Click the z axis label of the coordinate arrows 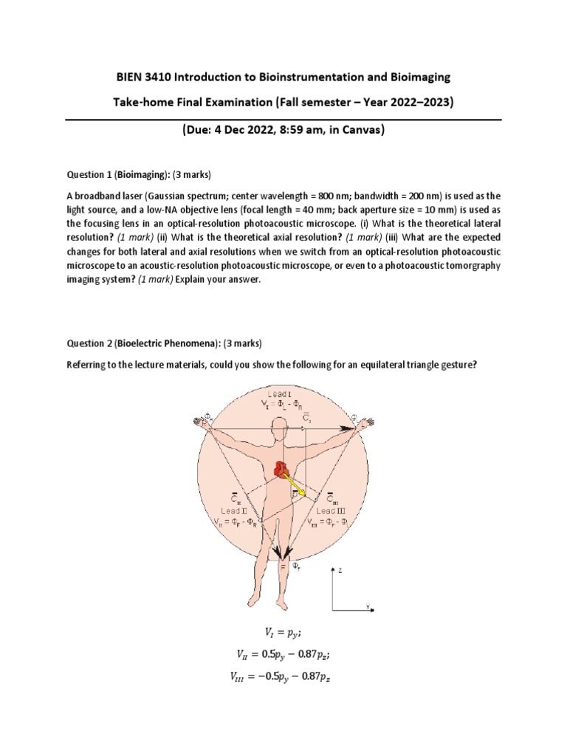pyautogui.click(x=340, y=570)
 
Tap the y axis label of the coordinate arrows pyautogui.click(x=367, y=606)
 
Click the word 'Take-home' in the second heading pyautogui.click(x=139, y=103)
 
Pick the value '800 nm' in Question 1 pyautogui.click(x=330, y=196)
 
